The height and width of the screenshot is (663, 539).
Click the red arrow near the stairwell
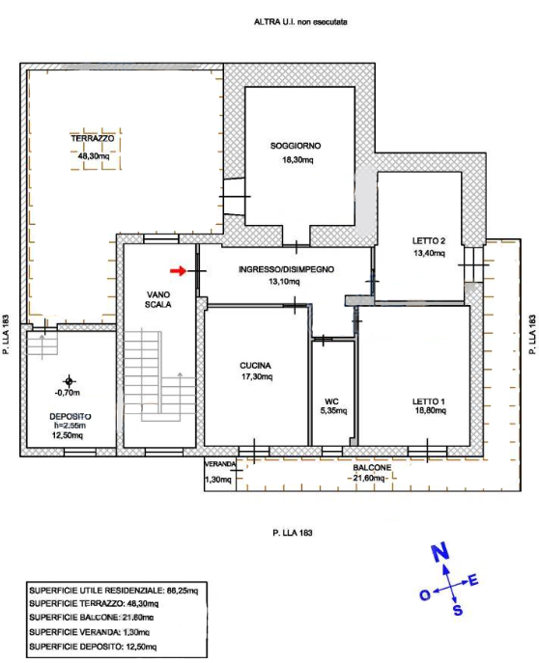click(178, 271)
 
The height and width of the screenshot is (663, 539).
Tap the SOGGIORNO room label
click(296, 146)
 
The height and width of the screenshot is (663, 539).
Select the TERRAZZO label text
click(93, 139)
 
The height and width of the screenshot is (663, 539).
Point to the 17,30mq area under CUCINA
click(257, 376)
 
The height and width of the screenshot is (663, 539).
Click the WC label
click(331, 401)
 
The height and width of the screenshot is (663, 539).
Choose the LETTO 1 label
click(429, 401)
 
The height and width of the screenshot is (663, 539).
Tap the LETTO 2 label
click(429, 241)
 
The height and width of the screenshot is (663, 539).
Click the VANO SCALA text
click(158, 299)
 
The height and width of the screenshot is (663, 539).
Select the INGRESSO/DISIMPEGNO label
click(287, 269)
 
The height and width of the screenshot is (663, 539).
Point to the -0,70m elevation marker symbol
click(69, 381)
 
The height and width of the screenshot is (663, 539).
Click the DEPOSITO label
click(71, 417)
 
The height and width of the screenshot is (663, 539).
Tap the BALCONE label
click(372, 468)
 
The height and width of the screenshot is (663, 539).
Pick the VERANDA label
click(220, 464)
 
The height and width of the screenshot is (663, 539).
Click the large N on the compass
click(440, 553)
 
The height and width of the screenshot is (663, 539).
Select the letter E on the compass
click(473, 581)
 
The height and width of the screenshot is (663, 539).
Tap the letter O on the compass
click(425, 595)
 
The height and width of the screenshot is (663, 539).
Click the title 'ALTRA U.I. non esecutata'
click(300, 22)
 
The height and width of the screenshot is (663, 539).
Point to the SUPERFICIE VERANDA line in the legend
click(89, 632)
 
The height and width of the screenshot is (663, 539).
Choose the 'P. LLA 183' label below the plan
click(293, 533)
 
